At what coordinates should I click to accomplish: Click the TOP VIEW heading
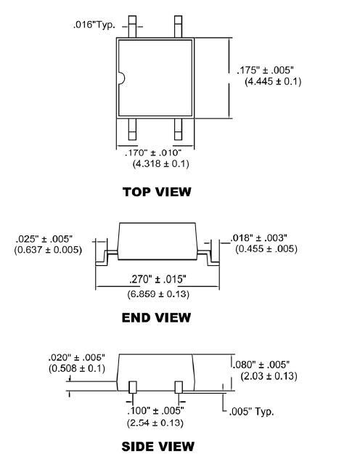[157, 192]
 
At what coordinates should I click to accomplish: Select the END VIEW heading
[157, 317]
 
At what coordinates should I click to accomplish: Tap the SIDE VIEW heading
[157, 445]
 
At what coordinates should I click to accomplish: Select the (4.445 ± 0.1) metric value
[272, 81]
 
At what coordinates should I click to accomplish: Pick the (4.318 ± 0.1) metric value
[160, 164]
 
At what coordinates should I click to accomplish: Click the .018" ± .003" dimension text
[261, 238]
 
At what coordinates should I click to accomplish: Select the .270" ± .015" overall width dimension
[157, 279]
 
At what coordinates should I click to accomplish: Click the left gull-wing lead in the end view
[105, 255]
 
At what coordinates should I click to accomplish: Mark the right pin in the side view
[178, 386]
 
